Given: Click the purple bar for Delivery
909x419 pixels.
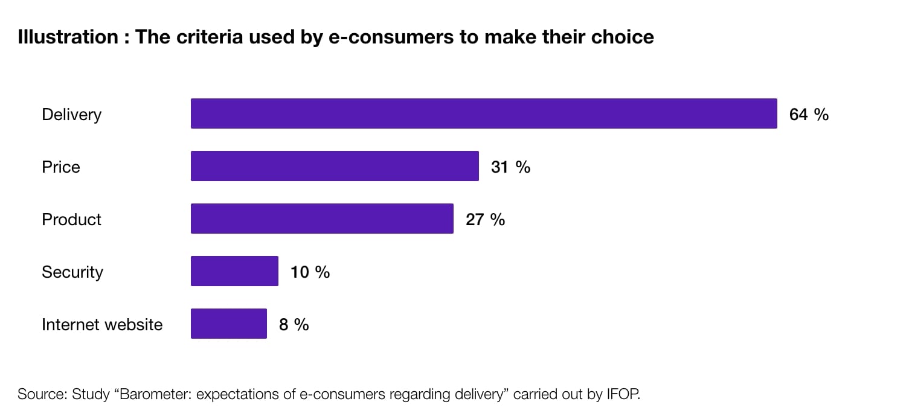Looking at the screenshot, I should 483,114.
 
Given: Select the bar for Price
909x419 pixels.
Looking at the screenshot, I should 335,166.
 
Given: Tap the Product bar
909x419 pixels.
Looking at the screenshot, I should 322,219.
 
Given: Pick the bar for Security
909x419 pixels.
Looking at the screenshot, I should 234,271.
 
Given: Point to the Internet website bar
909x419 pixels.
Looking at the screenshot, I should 228,324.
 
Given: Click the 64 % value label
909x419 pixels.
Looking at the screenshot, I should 809,114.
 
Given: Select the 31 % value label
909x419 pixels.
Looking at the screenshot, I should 510,167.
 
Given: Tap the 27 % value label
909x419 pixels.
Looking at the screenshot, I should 485,219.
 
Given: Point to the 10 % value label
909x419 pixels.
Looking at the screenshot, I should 310,272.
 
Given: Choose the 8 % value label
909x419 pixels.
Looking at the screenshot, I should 294,324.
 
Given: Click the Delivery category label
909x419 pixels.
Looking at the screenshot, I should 71,114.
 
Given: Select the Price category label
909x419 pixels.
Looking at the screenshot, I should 60,167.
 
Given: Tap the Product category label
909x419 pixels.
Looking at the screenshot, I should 71,219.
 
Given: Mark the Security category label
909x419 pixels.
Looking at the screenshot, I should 72,272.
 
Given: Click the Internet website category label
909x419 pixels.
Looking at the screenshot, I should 102,324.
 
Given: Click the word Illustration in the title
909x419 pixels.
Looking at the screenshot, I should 68,37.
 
